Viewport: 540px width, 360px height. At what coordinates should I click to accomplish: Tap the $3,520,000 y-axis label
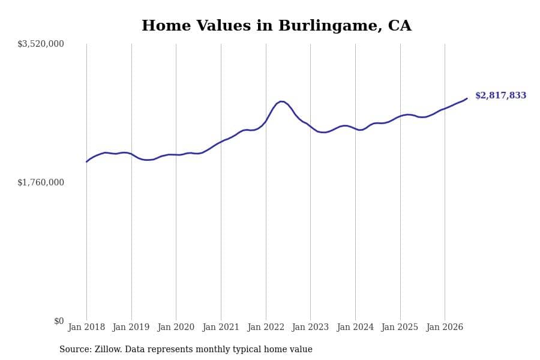pyautogui.click(x=41, y=44)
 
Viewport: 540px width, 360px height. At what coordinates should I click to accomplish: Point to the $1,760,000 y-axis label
pyautogui.click(x=41, y=182)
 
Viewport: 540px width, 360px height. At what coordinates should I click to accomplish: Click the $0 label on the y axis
pyautogui.click(x=59, y=321)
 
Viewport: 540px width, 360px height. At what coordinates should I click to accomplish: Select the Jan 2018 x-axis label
pyautogui.click(x=86, y=327)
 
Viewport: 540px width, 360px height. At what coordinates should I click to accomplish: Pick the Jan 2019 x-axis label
pyautogui.click(x=131, y=327)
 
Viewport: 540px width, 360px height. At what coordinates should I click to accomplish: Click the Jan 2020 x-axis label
pyautogui.click(x=176, y=327)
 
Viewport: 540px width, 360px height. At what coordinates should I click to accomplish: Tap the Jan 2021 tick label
pyautogui.click(x=221, y=327)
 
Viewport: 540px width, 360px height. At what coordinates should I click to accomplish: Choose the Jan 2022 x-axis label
pyautogui.click(x=266, y=327)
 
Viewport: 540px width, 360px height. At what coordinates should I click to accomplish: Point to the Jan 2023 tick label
pyautogui.click(x=310, y=327)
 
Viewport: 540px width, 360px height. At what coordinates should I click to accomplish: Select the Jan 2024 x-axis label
pyautogui.click(x=355, y=327)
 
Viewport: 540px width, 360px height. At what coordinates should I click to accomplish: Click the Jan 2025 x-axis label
pyautogui.click(x=400, y=327)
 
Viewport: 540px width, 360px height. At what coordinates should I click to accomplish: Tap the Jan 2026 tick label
pyautogui.click(x=445, y=327)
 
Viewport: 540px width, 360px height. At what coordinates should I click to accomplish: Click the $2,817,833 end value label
pyautogui.click(x=501, y=95)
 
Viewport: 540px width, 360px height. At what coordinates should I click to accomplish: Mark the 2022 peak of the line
pyautogui.click(x=282, y=101)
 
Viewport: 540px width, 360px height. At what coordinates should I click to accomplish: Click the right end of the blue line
pyautogui.click(x=467, y=98)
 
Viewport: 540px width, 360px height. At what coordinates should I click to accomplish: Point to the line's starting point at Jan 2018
pyautogui.click(x=86, y=161)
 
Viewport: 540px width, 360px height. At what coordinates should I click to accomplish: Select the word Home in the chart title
pyautogui.click(x=166, y=26)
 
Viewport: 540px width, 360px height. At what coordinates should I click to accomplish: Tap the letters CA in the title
pyautogui.click(x=400, y=26)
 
